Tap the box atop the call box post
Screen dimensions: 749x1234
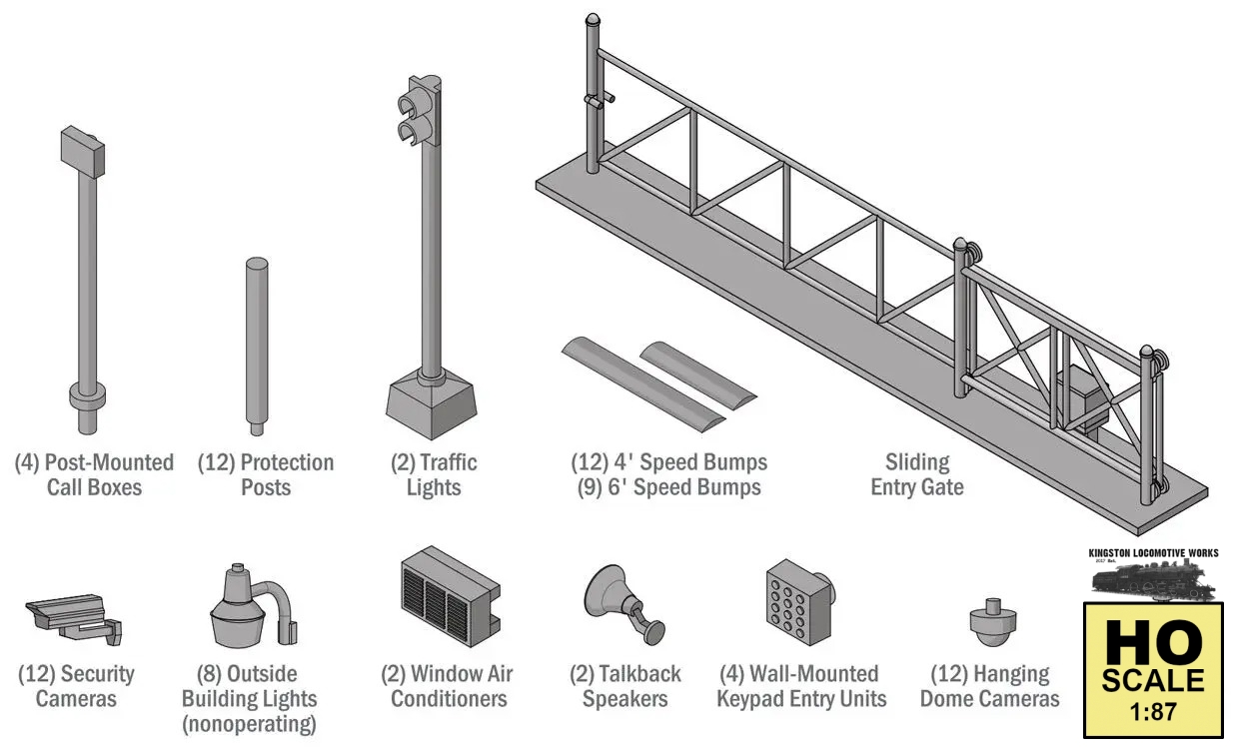(82, 152)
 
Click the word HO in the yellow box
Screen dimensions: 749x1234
(1151, 643)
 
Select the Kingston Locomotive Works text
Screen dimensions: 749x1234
(1152, 552)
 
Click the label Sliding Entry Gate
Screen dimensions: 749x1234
(916, 474)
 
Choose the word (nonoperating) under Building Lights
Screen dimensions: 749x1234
(249, 723)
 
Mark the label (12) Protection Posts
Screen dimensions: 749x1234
(266, 474)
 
